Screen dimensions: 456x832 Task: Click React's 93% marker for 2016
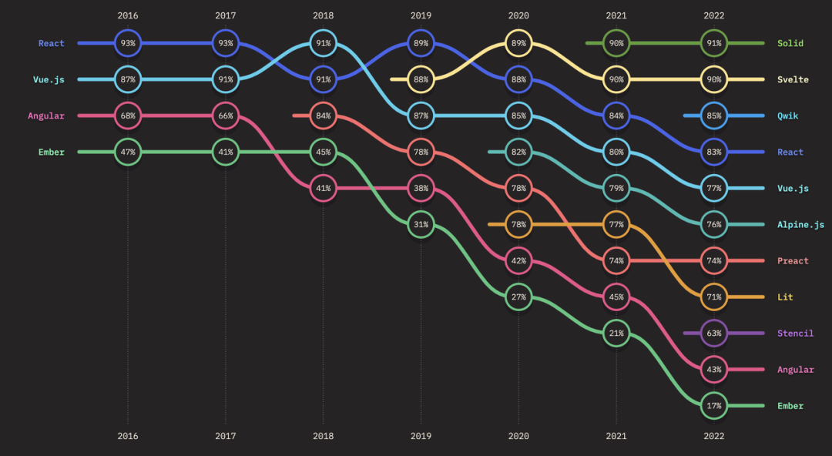click(x=128, y=43)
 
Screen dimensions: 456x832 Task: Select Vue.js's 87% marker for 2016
click(x=128, y=79)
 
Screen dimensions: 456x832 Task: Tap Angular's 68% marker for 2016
click(x=128, y=116)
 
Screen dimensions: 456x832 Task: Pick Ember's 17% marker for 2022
click(x=714, y=406)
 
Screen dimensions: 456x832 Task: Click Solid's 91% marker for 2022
click(x=714, y=43)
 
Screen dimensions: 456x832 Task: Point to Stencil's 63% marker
click(x=714, y=334)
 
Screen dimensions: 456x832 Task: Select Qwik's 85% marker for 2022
click(x=714, y=116)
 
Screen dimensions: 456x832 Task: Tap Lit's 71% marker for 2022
click(x=714, y=297)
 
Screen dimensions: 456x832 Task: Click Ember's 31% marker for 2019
click(x=421, y=224)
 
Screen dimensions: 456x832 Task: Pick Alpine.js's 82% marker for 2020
click(x=518, y=152)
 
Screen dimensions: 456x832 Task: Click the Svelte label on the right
click(x=793, y=79)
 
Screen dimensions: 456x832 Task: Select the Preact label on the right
click(x=793, y=261)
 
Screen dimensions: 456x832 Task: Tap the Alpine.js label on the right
click(x=800, y=225)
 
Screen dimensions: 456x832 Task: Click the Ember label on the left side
click(x=52, y=152)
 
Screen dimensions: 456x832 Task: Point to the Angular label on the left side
click(x=46, y=116)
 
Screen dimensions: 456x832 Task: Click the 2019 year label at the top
click(x=421, y=15)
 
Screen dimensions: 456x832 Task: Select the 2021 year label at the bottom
click(x=616, y=436)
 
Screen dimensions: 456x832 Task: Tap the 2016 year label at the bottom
click(x=128, y=436)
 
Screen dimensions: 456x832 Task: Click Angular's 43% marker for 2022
click(x=714, y=370)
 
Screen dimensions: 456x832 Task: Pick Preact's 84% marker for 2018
click(x=323, y=116)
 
